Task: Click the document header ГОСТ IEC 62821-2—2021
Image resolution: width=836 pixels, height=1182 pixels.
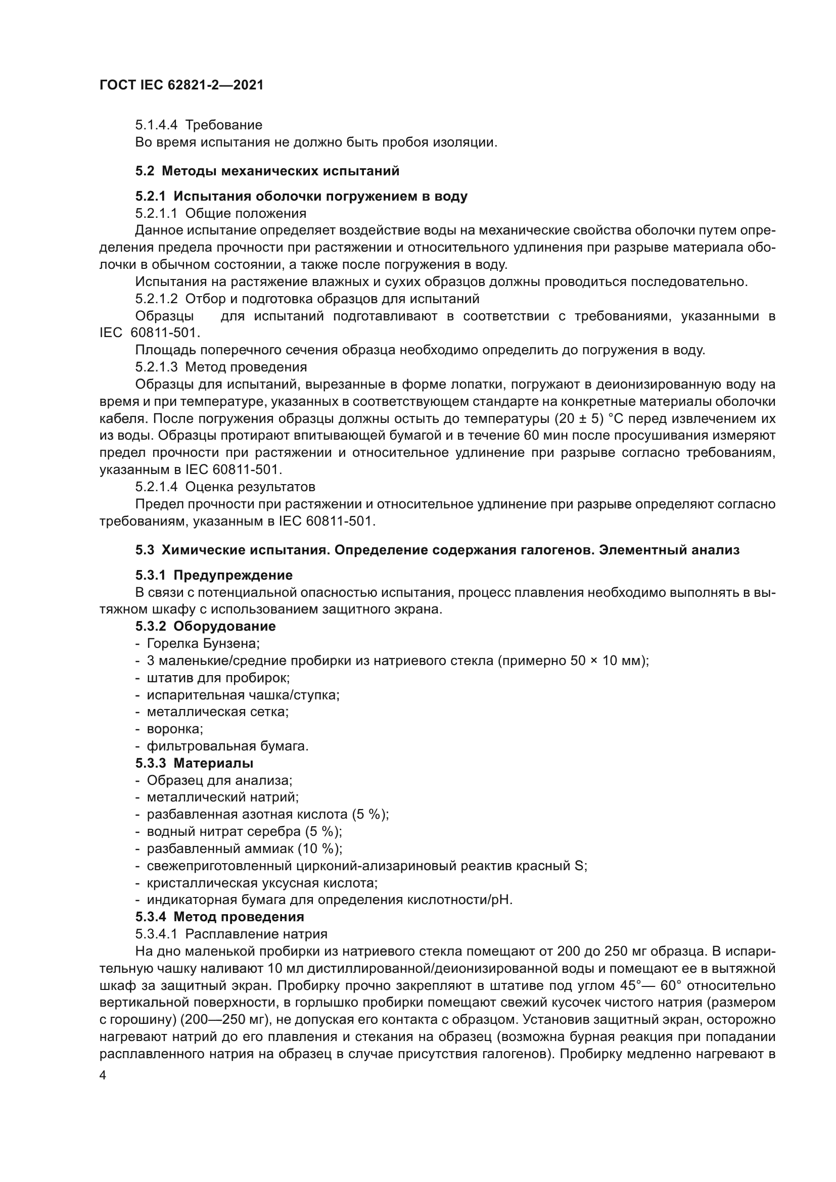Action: (181, 85)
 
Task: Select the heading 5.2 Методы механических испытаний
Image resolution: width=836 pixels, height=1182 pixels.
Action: (267, 171)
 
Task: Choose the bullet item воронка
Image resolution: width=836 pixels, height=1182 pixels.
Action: (174, 729)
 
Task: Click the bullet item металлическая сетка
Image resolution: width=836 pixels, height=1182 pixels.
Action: (217, 712)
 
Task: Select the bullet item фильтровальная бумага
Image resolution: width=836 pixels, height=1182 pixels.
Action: (227, 746)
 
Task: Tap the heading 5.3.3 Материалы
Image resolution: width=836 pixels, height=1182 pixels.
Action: (194, 763)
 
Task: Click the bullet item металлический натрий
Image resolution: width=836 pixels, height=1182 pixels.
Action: (222, 797)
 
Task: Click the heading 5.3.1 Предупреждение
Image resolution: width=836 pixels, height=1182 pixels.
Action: (214, 575)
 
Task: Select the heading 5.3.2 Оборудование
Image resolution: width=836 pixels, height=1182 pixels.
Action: (205, 627)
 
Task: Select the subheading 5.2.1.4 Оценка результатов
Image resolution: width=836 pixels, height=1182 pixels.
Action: (225, 487)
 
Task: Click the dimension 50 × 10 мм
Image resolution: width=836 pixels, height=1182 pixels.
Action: (607, 660)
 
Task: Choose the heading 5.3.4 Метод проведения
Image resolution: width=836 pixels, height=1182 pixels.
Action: (219, 917)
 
